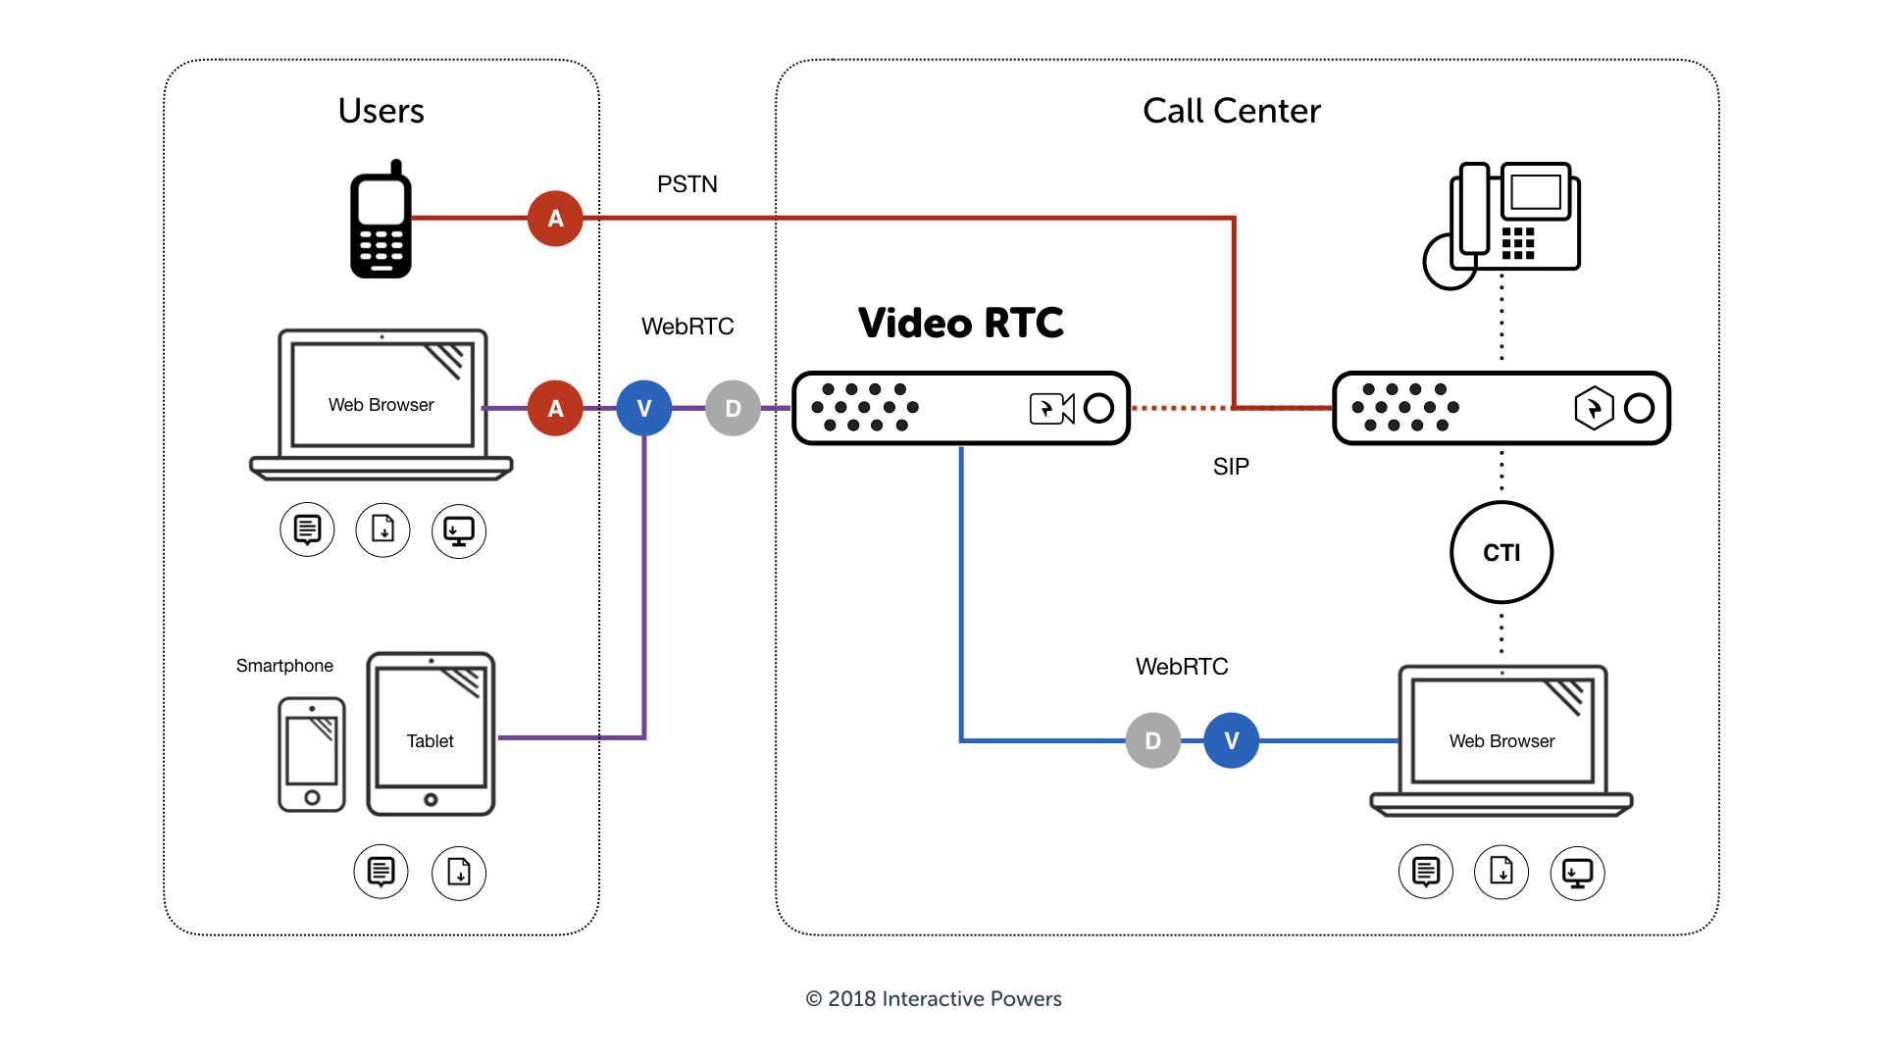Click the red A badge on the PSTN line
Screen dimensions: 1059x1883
pyautogui.click(x=555, y=218)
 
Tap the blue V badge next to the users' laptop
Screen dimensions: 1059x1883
pyautogui.click(x=643, y=408)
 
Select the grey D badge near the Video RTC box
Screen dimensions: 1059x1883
pyautogui.click(x=733, y=408)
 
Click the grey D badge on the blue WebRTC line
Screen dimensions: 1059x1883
pyautogui.click(x=1152, y=740)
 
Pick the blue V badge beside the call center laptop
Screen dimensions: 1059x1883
pyautogui.click(x=1231, y=740)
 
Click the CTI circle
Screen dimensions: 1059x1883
pyautogui.click(x=1501, y=552)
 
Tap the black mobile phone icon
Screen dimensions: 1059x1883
pyautogui.click(x=381, y=220)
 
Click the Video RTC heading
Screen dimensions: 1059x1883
pyautogui.click(x=960, y=323)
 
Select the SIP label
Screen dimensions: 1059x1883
pyautogui.click(x=1231, y=467)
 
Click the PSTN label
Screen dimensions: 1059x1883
pyautogui.click(x=687, y=184)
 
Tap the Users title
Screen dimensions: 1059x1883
pyautogui.click(x=381, y=111)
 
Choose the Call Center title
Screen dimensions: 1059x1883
pyautogui.click(x=1231, y=111)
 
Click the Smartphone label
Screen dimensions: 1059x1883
pyautogui.click(x=284, y=666)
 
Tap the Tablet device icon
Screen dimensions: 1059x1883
pyautogui.click(x=431, y=733)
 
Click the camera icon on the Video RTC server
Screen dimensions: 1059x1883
pyautogui.click(x=1051, y=408)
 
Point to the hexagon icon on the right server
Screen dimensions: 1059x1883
pyautogui.click(x=1594, y=408)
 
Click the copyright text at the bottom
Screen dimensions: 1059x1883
pyautogui.click(x=933, y=998)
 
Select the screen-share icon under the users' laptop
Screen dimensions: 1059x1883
pyautogui.click(x=458, y=530)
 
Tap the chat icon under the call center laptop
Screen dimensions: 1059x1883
pyautogui.click(x=1425, y=872)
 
